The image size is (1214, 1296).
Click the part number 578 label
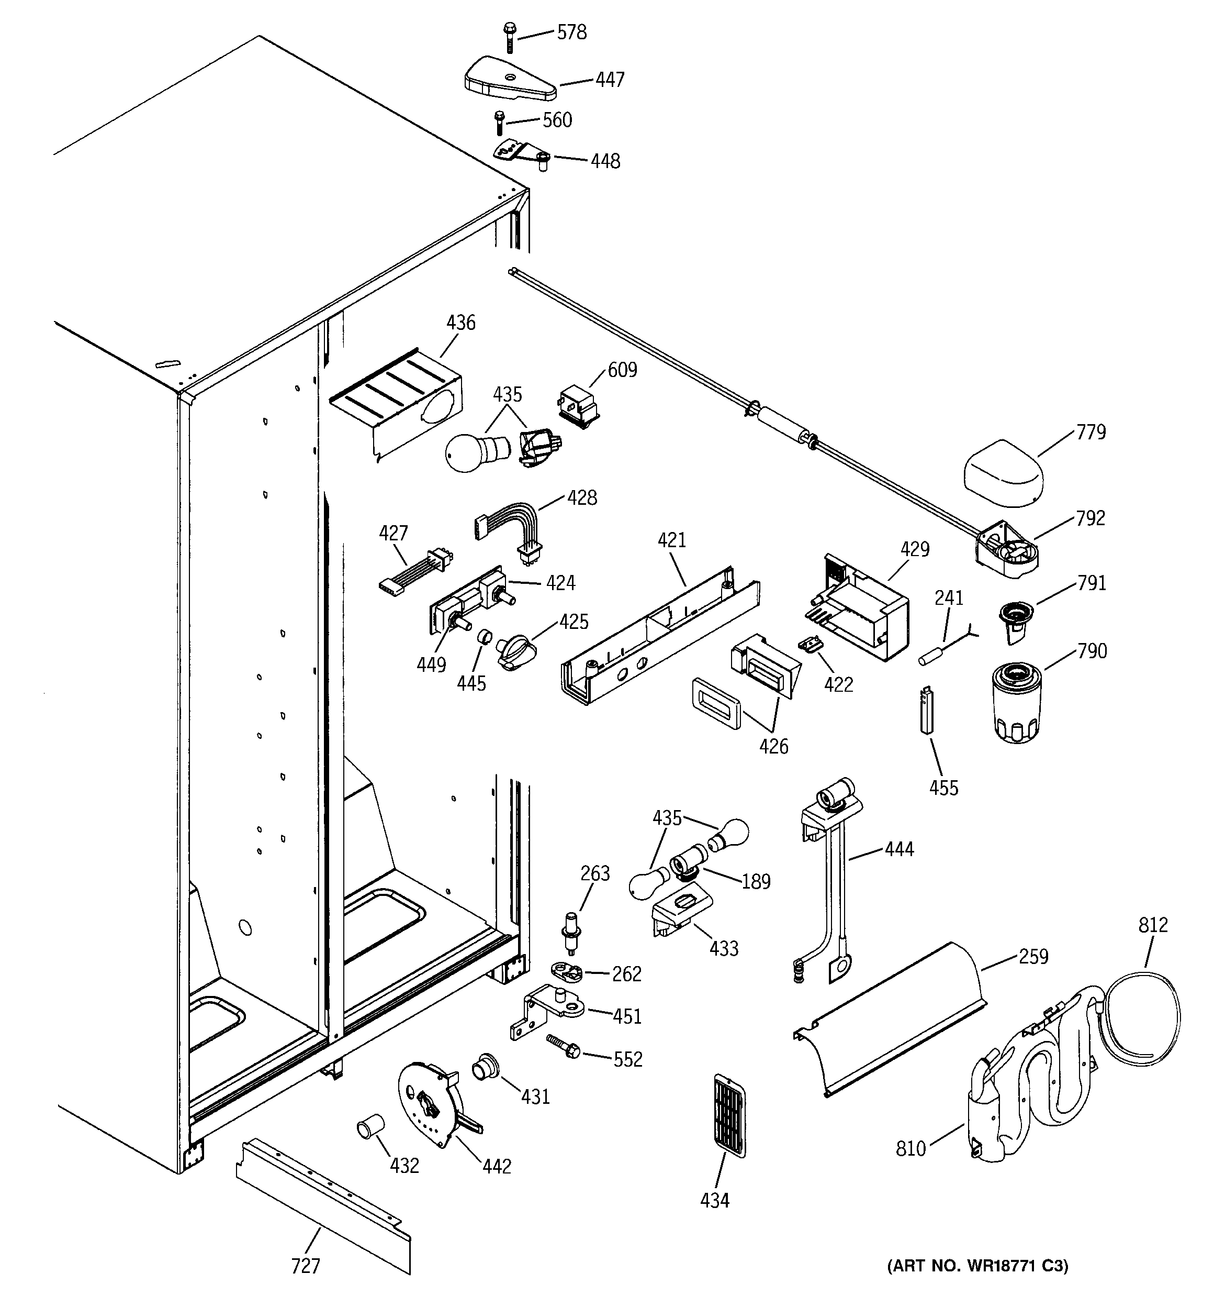pyautogui.click(x=571, y=32)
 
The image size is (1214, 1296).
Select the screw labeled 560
pyautogui.click(x=500, y=123)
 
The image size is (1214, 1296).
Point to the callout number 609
pyautogui.click(x=622, y=370)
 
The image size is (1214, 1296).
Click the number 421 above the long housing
pyautogui.click(x=671, y=540)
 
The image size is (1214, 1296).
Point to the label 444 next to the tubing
pyautogui.click(x=900, y=849)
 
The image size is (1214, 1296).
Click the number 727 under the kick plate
pyautogui.click(x=305, y=1266)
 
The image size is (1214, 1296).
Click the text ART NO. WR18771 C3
pyautogui.click(x=977, y=1266)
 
